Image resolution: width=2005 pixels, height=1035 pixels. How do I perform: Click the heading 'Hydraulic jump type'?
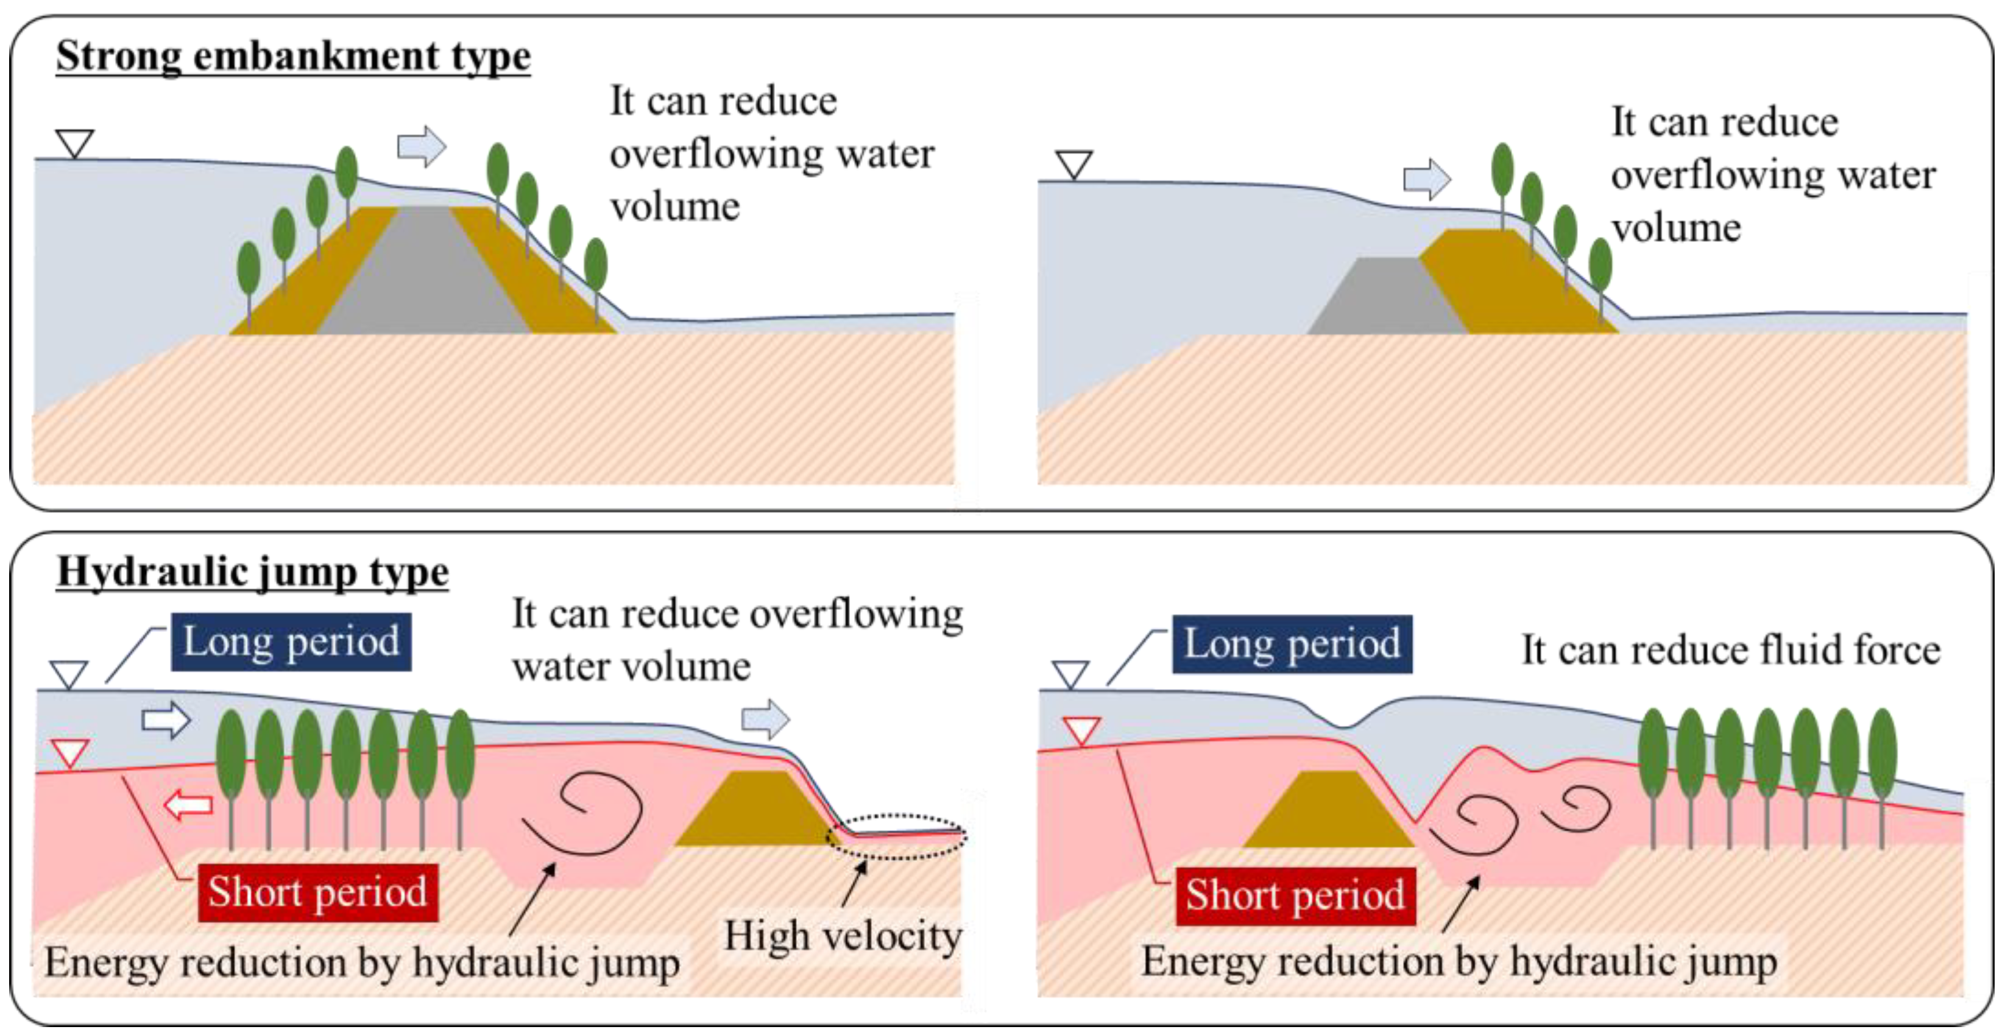pyautogui.click(x=252, y=572)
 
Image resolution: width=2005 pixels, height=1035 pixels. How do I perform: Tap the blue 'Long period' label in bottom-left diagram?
pyautogui.click(x=291, y=642)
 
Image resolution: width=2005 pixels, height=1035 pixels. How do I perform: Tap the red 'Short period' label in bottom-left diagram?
pyautogui.click(x=317, y=892)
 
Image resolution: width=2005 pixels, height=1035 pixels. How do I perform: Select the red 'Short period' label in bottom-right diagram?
pyautogui.click(x=1295, y=895)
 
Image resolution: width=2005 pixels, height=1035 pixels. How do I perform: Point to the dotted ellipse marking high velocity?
pyautogui.click(x=897, y=836)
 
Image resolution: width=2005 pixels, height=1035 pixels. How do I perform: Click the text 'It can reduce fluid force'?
pyautogui.click(x=1731, y=650)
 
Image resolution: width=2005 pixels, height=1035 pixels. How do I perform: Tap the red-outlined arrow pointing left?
pyautogui.click(x=188, y=805)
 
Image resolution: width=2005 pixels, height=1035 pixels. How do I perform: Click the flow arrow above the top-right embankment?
pyautogui.click(x=1427, y=179)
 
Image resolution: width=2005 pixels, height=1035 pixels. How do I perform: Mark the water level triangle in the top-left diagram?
pyautogui.click(x=75, y=143)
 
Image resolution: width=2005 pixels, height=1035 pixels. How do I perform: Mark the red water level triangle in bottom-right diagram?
pyautogui.click(x=1082, y=730)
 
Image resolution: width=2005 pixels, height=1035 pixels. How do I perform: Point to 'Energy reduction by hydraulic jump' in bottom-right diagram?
pyautogui.click(x=1459, y=962)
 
